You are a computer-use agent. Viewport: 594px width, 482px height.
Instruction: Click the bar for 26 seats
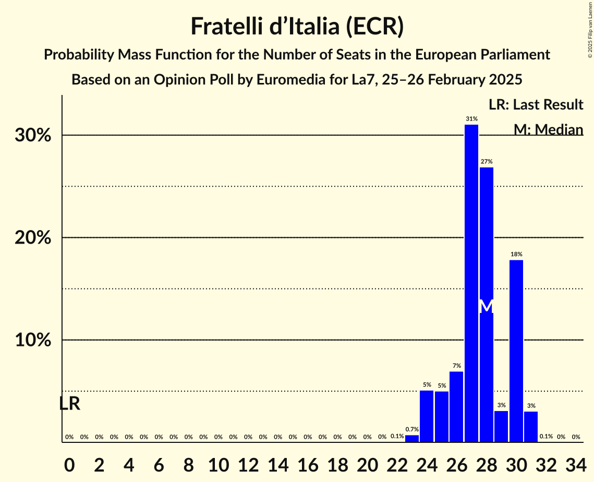pyautogui.click(x=456, y=406)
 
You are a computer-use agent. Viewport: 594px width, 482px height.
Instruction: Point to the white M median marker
pyautogui.click(x=486, y=306)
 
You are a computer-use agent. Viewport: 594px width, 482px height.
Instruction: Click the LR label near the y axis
pyautogui.click(x=69, y=403)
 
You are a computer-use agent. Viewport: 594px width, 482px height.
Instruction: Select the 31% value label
pyautogui.click(x=471, y=119)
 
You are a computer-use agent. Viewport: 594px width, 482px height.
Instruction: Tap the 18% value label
pyautogui.click(x=516, y=254)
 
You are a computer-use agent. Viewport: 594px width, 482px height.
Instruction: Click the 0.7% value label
pyautogui.click(x=412, y=429)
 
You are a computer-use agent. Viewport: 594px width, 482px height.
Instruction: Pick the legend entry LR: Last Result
pyautogui.click(x=536, y=105)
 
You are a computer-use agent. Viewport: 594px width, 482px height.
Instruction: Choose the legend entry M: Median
pyautogui.click(x=548, y=129)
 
